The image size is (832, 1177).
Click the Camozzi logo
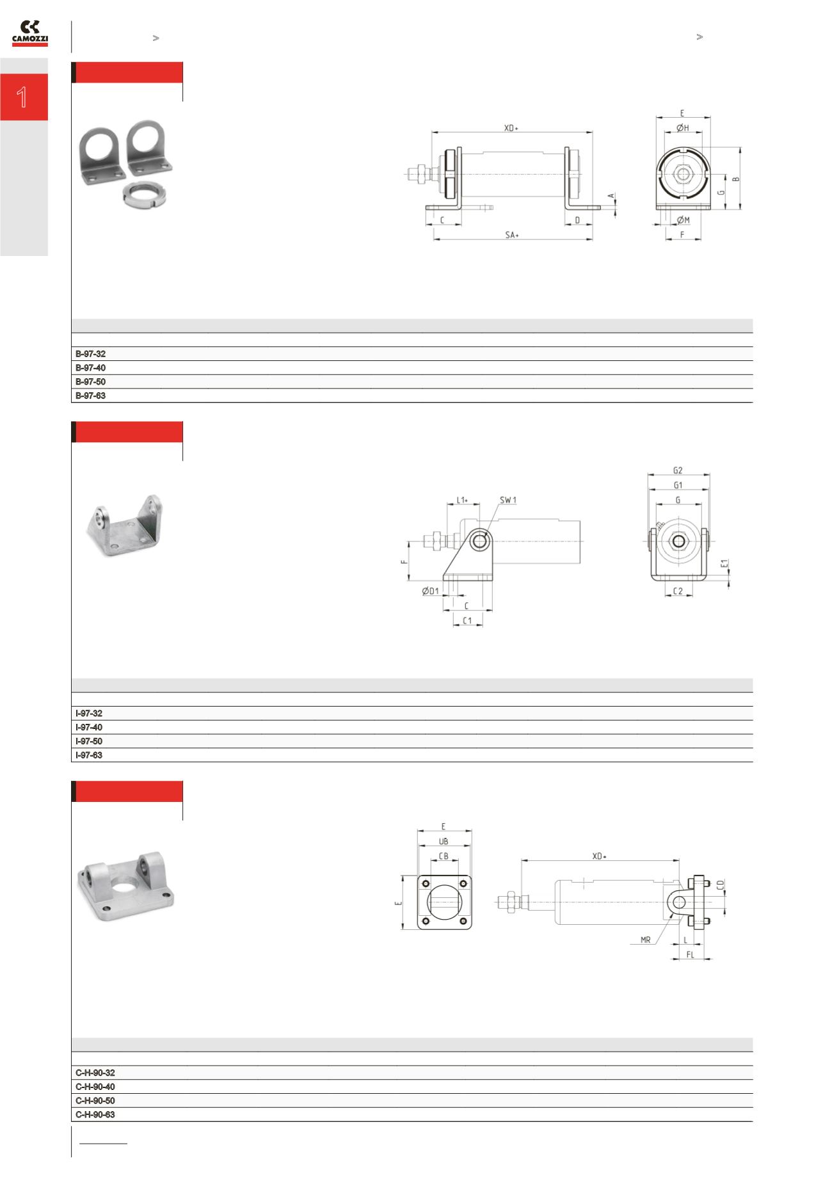[x=30, y=33]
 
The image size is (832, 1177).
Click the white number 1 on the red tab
[x=22, y=97]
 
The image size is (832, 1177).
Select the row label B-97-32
[x=90, y=354]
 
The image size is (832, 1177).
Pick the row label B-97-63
[x=90, y=396]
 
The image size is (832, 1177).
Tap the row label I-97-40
[x=89, y=728]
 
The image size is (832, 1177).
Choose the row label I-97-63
[x=89, y=756]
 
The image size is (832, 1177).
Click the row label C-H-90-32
[x=95, y=1073]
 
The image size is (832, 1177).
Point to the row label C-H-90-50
[x=95, y=1101]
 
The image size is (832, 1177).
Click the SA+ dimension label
[x=512, y=235]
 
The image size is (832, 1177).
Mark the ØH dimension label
[x=683, y=128]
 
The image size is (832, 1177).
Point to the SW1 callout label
[x=508, y=500]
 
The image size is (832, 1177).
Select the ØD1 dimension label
[x=430, y=591]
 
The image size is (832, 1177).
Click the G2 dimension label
[x=678, y=470]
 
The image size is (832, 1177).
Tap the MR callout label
[x=645, y=940]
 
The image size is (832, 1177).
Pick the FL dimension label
[x=690, y=954]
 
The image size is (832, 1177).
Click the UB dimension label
[x=444, y=842]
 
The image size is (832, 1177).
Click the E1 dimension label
[x=724, y=564]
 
